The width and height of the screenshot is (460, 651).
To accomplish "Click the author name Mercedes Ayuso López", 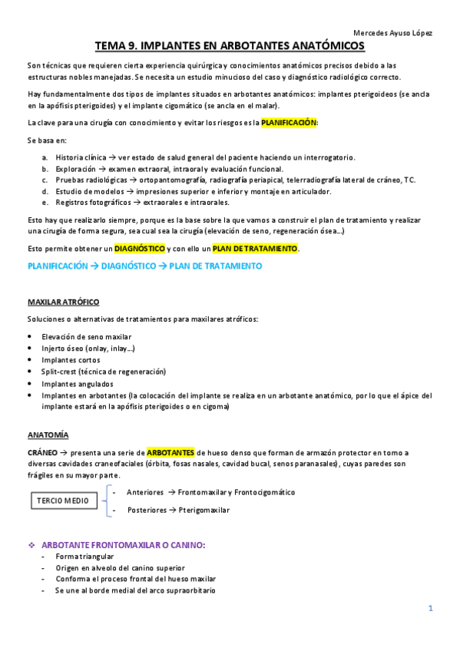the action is coord(392,33).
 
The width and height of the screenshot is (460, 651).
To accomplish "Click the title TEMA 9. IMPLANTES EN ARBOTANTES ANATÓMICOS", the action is coord(230,47).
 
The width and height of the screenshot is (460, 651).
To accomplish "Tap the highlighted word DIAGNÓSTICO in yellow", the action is coord(141,249).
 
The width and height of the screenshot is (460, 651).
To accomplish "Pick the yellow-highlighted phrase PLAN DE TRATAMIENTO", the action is coord(255,249).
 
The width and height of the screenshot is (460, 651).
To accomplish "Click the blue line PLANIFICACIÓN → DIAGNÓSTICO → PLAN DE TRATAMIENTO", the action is coord(144,266).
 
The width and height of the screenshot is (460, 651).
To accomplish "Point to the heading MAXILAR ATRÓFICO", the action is coord(63,302).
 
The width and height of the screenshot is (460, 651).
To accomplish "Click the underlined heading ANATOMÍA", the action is coord(48,435).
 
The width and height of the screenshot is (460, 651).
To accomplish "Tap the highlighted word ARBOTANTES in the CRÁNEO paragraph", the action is coord(170,452).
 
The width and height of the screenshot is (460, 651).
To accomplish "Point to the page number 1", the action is coord(431,608).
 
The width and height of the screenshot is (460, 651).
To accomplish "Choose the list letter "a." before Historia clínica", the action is coord(45,157).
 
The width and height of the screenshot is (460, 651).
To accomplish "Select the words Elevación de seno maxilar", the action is coord(86,336).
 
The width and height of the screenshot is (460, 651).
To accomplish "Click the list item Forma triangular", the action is coord(84,557).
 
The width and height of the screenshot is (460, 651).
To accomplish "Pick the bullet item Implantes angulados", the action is coord(77,383).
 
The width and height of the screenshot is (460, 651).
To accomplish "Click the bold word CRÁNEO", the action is coord(42,452).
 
